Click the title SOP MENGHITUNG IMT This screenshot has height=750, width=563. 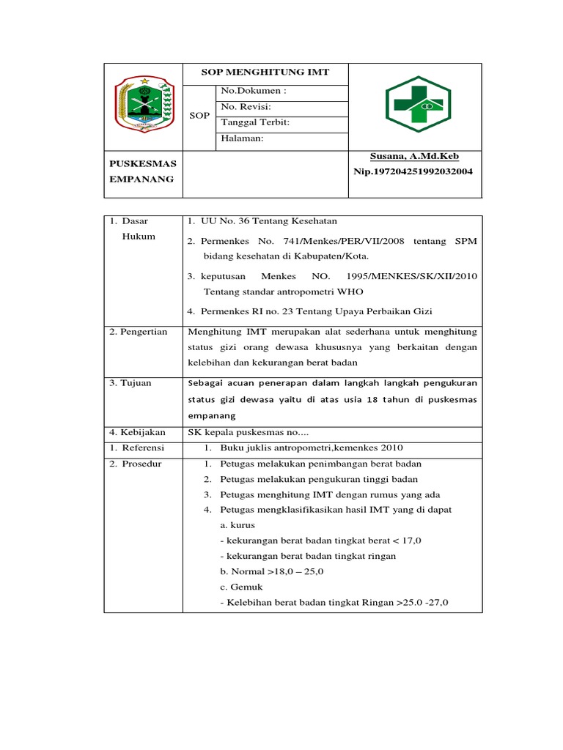pyautogui.click(x=265, y=73)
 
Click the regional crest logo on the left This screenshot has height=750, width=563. pyautogui.click(x=144, y=104)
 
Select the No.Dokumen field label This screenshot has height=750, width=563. pyautogui.click(x=253, y=91)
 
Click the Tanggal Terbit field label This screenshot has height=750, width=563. pyautogui.click(x=255, y=122)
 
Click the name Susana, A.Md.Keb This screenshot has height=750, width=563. pyautogui.click(x=415, y=156)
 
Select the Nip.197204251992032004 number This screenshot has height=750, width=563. pyautogui.click(x=413, y=171)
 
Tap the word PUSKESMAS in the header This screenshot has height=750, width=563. pyautogui.click(x=143, y=163)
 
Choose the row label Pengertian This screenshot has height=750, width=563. pyautogui.click(x=139, y=332)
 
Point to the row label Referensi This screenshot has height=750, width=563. pyautogui.click(x=137, y=448)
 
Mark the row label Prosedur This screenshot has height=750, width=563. pyautogui.click(x=136, y=464)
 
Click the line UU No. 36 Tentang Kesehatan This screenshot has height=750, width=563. pyautogui.click(x=262, y=221)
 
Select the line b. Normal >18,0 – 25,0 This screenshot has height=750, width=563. pyautogui.click(x=272, y=571)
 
